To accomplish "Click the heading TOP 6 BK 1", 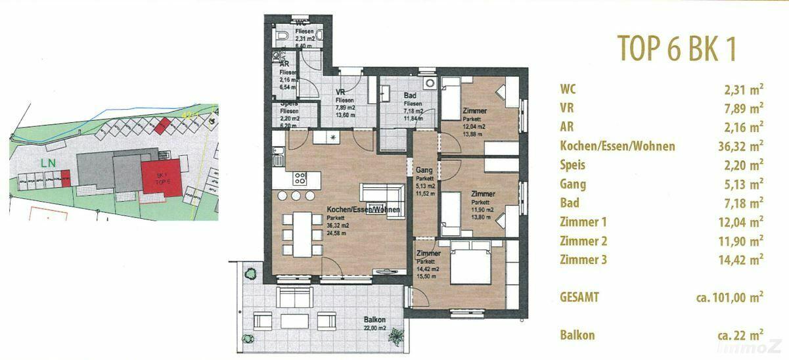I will coord(676,49).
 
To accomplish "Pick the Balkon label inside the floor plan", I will coord(374,320).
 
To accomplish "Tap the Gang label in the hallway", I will coord(424,170).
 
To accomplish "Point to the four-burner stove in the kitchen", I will coord(300,177).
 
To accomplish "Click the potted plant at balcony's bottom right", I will coord(395,337).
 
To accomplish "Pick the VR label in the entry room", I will coord(340,92).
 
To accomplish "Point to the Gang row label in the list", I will coord(573,184).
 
